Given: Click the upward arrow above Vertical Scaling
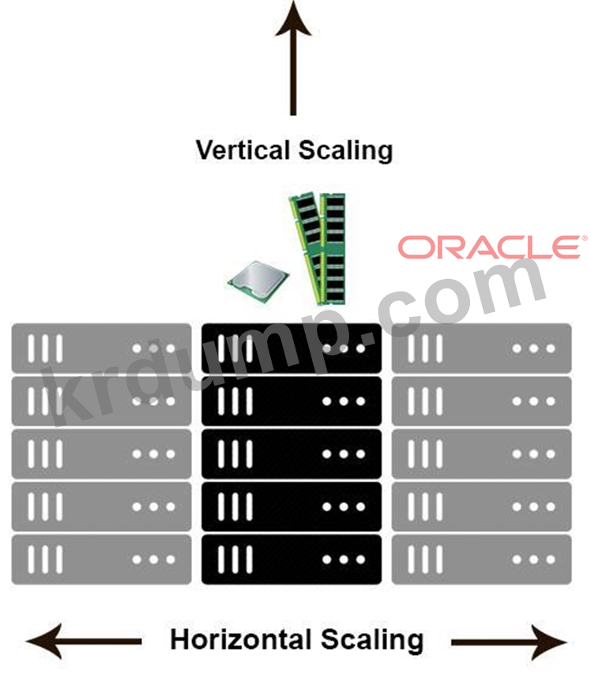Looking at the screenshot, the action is [293, 58].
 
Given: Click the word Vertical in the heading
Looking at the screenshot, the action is [243, 150].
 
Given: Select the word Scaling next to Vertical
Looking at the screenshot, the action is [345, 151].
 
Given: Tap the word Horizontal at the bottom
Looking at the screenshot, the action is [241, 639].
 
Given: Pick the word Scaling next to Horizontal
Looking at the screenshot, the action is [372, 641].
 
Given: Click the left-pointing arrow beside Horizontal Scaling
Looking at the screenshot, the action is [84, 641].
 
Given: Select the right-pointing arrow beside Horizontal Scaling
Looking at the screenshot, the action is [509, 642].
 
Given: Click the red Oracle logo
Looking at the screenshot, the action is [492, 247].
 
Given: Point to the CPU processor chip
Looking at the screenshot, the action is [258, 281].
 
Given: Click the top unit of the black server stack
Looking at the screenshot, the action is [292, 348].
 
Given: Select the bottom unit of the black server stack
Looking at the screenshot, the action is [292, 559].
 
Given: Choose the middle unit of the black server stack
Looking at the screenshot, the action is [292, 454].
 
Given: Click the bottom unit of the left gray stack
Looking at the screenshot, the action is [101, 559].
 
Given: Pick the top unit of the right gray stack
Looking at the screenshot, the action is [482, 348].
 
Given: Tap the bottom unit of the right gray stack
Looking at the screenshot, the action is [482, 559].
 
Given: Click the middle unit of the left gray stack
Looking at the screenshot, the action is [101, 454].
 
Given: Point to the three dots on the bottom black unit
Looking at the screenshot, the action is [344, 559].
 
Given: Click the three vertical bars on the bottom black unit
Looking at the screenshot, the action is [235, 559].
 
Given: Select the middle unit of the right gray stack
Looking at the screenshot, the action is [482, 454].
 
